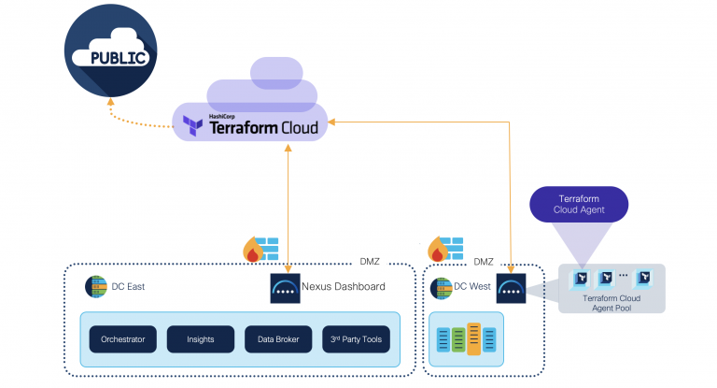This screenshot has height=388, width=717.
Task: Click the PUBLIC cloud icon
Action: [x=110, y=54]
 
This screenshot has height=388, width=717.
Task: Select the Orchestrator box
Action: [x=123, y=339]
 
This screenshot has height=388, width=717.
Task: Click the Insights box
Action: [x=200, y=339]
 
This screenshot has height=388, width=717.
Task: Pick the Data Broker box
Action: [x=277, y=339]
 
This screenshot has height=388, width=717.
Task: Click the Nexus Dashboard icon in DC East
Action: [x=285, y=287]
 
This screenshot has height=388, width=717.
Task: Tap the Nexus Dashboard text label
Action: [x=344, y=287]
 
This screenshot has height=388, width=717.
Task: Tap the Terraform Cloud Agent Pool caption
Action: [x=612, y=302]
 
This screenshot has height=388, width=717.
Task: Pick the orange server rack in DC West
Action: [x=474, y=339]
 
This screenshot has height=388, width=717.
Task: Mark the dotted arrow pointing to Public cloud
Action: [x=140, y=114]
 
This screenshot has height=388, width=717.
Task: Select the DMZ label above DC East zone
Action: [x=372, y=263]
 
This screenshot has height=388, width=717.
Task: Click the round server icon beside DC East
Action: [x=96, y=287]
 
